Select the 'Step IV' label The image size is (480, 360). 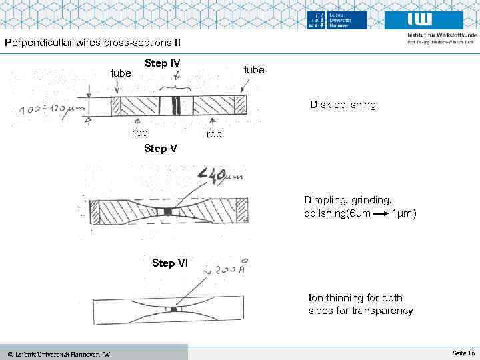tap(161, 63)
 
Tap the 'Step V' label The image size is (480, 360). tap(160, 148)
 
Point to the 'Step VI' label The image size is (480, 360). tap(169, 263)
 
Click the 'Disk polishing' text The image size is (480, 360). tap(342, 105)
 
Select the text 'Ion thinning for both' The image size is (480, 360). tap(355, 298)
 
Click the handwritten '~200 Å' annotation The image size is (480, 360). tap(227, 270)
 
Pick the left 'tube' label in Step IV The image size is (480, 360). tap(121, 73)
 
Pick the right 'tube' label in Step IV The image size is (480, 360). tap(254, 69)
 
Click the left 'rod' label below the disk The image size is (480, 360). tap(139, 132)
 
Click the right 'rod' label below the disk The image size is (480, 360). tap(214, 134)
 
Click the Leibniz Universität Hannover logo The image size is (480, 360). tap(337, 20)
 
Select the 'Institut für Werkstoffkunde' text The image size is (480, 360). tap(440, 35)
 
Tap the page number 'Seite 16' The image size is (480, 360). tap(463, 352)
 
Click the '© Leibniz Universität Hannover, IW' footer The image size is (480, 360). tap(59, 353)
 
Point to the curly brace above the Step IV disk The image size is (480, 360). tap(176, 87)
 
